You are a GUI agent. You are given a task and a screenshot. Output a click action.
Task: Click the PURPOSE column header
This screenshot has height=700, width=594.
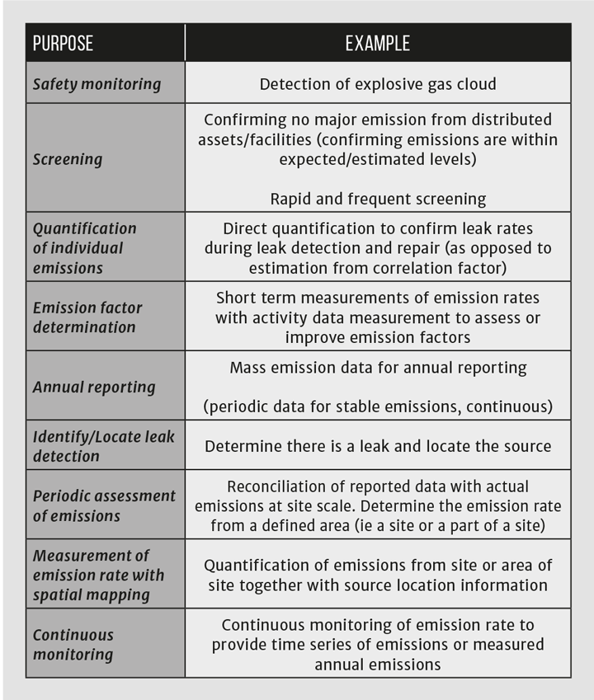coord(63,44)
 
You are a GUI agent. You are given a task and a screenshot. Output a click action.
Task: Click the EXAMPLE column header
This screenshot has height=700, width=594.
coord(377,44)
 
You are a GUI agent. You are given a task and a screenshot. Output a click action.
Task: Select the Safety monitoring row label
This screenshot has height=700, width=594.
coord(97,84)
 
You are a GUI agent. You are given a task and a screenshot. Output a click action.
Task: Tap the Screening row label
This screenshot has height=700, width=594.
coord(68,159)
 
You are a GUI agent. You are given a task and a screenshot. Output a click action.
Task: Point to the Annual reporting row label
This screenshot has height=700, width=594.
coord(94,387)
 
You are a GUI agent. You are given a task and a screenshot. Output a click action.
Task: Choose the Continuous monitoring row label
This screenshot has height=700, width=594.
coord(73,645)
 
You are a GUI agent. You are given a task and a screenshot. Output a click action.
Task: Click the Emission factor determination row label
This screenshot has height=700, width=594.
coord(87,317)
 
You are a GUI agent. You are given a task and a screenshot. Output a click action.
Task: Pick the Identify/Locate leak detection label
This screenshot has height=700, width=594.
coord(103,446)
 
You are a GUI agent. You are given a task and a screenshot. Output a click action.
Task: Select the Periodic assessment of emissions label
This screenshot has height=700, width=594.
coord(104,505)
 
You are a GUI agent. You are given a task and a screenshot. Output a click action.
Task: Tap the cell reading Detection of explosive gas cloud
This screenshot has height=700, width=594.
coord(378,84)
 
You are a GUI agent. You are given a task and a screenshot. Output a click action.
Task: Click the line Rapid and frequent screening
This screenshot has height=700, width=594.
coord(378,199)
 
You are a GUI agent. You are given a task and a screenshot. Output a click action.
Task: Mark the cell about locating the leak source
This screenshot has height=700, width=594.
coord(378,446)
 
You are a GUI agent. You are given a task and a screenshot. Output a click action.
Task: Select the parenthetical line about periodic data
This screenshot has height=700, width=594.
coord(378,406)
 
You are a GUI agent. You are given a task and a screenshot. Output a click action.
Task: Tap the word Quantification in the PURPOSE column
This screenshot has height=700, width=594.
coord(85,228)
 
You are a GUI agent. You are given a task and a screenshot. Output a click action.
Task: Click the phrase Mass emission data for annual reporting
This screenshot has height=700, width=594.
coord(378,368)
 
